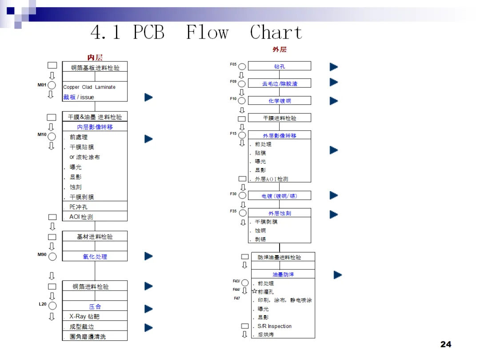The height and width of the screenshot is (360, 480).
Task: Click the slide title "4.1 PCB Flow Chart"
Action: click(196, 32)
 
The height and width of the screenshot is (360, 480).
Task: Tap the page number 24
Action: click(445, 344)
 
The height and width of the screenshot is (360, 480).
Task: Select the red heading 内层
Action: click(95, 57)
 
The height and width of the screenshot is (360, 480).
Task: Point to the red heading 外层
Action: click(280, 49)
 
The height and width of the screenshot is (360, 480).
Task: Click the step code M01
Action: click(42, 84)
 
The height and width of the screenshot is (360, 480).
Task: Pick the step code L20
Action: click(42, 304)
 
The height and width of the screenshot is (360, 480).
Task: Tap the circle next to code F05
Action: click(242, 67)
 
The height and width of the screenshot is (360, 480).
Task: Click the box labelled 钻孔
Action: click(280, 66)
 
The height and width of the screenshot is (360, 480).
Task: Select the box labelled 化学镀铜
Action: click(280, 101)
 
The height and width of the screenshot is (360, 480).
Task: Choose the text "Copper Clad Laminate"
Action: click(89, 87)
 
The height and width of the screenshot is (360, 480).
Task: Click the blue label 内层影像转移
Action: click(95, 127)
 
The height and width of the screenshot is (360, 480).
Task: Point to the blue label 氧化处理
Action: click(95, 256)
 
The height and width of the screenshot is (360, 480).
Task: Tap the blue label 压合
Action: click(95, 307)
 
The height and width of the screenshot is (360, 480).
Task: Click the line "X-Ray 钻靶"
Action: click(84, 316)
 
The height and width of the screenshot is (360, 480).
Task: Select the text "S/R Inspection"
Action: click(275, 326)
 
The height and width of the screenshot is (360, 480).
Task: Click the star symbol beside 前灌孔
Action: click(255, 292)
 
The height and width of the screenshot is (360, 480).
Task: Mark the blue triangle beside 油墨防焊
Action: click(338, 275)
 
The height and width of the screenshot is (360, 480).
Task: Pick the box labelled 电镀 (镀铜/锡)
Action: click(280, 196)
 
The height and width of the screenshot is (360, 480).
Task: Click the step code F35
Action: click(233, 211)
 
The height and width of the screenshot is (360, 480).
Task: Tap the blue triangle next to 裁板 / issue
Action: click(149, 97)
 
